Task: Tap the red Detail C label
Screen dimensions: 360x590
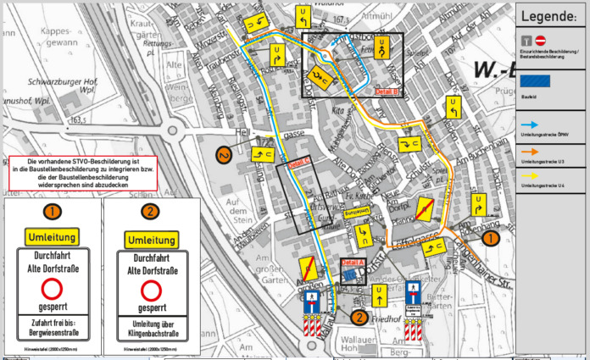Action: click(x=299, y=163)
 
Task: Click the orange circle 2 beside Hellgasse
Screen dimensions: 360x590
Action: click(x=224, y=154)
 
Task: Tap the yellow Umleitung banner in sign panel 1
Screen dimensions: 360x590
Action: click(x=53, y=235)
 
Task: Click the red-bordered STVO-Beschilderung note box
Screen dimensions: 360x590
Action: click(x=81, y=173)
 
